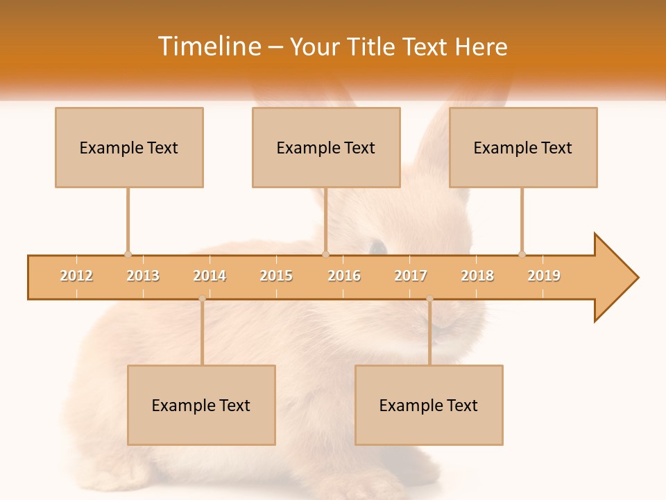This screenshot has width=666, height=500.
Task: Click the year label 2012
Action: click(76, 276)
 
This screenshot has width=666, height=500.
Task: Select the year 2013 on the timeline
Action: click(143, 276)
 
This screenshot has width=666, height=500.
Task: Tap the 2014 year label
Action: click(210, 276)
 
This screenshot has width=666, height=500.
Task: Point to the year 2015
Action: click(276, 276)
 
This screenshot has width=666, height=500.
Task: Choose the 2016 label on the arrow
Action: click(344, 276)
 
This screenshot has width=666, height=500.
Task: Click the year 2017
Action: click(411, 276)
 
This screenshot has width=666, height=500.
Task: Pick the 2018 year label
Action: click(477, 276)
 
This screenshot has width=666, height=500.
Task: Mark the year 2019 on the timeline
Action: click(544, 276)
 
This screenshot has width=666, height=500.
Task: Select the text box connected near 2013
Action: click(129, 147)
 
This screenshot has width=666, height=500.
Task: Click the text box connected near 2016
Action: click(326, 147)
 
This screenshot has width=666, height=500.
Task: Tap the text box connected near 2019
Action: click(523, 147)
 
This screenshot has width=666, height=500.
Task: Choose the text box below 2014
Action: click(201, 405)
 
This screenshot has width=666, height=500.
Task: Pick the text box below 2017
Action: click(429, 405)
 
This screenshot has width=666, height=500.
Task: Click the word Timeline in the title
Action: click(209, 47)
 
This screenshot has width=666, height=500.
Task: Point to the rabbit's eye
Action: click(377, 246)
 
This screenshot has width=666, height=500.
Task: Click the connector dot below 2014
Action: click(202, 299)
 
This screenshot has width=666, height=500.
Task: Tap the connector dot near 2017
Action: click(429, 299)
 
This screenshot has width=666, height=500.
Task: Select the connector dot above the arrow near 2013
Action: click(128, 254)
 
